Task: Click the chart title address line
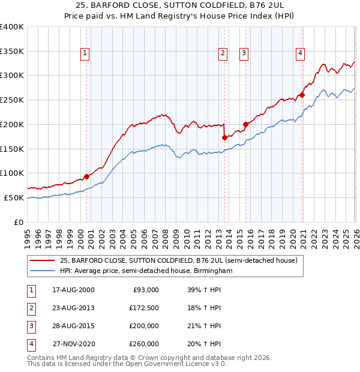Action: pos(180,5)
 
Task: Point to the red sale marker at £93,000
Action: pos(86,176)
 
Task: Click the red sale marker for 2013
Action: pos(224,137)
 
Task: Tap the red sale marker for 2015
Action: pos(245,124)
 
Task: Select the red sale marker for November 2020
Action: pos(302,95)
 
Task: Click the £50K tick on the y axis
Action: pos(13,198)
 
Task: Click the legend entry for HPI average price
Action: pos(146,271)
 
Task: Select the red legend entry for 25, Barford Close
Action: pos(178,260)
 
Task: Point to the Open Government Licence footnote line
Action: pos(127,364)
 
